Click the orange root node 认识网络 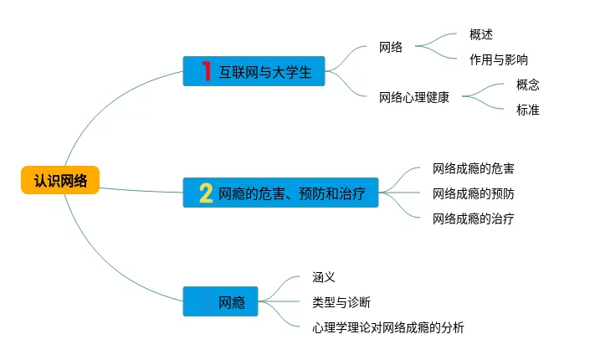(x=60, y=180)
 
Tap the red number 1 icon (x=206, y=72)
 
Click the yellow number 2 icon (x=206, y=193)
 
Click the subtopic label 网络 (x=390, y=47)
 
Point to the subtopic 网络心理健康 (x=413, y=97)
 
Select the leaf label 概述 (x=481, y=35)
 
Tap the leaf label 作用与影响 (x=499, y=59)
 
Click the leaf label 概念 (x=528, y=85)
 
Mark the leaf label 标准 (x=528, y=110)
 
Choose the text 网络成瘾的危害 (x=473, y=168)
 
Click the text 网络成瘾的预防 (x=473, y=193)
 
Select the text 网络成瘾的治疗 (x=473, y=219)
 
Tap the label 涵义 (x=323, y=277)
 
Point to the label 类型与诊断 (x=341, y=302)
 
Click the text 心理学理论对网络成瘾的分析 (x=387, y=327)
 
